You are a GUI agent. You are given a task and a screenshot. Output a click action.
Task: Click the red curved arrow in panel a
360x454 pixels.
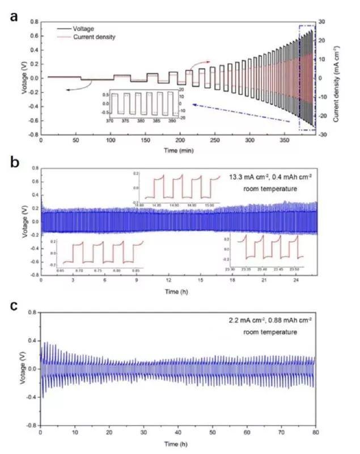pos(200,64)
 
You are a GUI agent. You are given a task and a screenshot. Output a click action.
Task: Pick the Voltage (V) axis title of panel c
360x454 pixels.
pos(22,369)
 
